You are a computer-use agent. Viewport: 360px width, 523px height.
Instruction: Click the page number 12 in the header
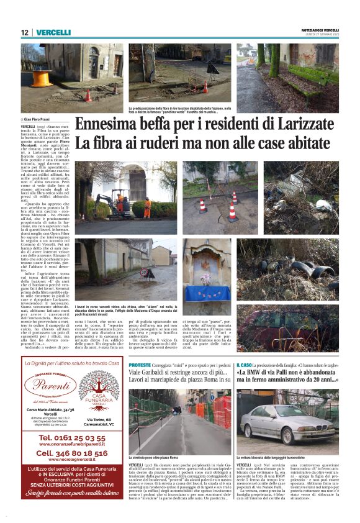pyautogui.click(x=25, y=32)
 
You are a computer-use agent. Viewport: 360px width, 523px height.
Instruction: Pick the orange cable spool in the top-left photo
pyautogui.click(x=42, y=78)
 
